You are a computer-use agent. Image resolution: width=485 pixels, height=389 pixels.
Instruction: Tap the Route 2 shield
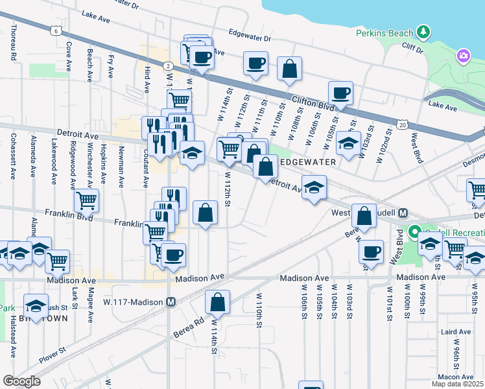pos(167,65)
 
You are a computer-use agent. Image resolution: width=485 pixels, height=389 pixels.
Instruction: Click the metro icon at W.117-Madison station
pos(171,302)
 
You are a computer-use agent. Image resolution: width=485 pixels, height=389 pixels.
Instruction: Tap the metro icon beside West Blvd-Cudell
pos(403,213)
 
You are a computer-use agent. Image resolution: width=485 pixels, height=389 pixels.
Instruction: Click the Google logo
pos(21,381)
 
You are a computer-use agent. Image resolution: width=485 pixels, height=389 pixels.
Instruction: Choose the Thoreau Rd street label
pos(13,43)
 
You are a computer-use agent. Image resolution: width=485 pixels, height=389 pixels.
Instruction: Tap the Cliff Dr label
pos(412,50)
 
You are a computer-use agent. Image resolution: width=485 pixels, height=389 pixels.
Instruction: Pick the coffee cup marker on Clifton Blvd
pos(340,93)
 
